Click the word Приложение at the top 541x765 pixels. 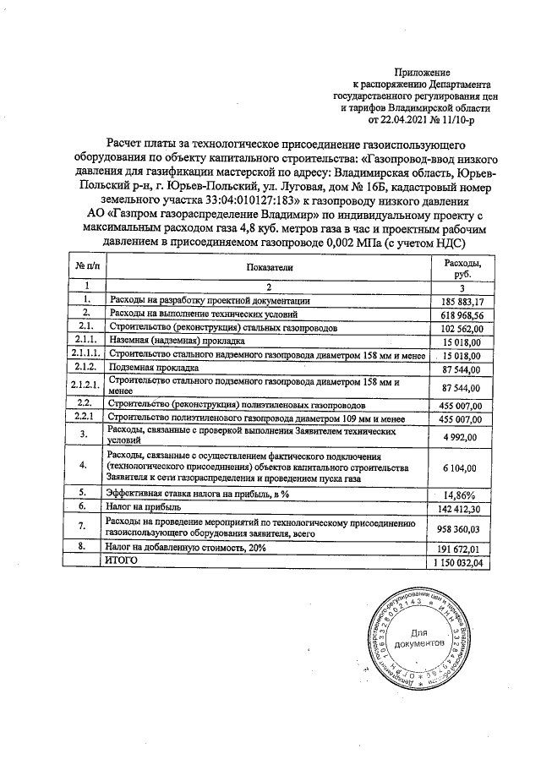click(423, 73)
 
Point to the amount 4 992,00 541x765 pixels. click(465, 437)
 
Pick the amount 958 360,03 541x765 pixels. click(462, 529)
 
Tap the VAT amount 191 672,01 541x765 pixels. click(462, 549)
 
